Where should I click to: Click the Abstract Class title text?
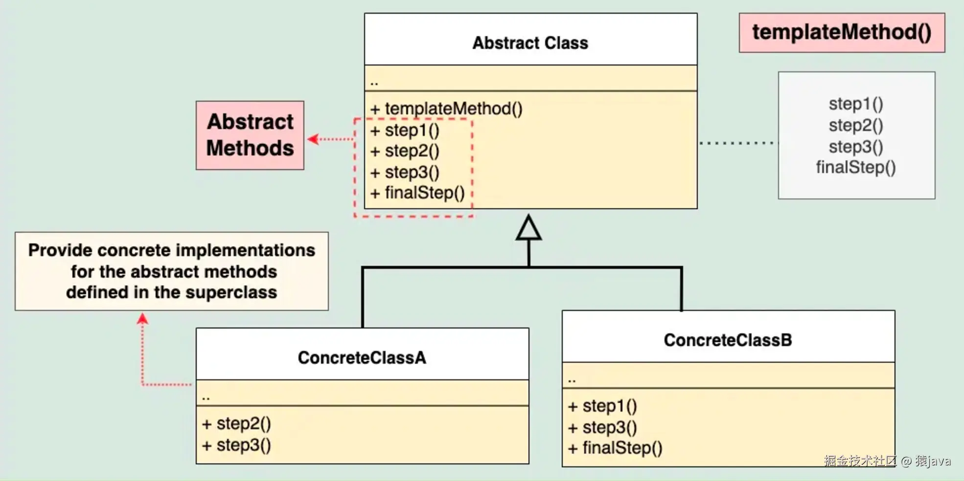pos(530,43)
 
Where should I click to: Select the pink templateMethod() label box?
pos(842,32)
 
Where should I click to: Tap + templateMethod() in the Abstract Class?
pos(446,109)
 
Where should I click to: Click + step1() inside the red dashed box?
pos(405,131)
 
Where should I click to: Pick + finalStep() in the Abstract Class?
pos(417,193)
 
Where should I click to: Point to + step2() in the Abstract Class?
pos(405,151)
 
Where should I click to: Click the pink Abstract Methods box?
pos(250,135)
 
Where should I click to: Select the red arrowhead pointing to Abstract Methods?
pos(312,139)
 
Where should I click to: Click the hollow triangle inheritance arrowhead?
pos(528,229)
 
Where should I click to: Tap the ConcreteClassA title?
pos(362,358)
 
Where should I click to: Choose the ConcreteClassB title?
pos(728,340)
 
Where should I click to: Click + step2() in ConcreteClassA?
pos(237,424)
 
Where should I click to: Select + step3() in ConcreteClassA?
pos(237,445)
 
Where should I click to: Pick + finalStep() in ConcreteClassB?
pos(615,448)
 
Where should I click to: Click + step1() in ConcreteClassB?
pos(603,406)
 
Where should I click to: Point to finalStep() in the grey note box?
pos(856,168)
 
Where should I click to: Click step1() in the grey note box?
pos(856,104)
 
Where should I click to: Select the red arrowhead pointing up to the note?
pos(142,319)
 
